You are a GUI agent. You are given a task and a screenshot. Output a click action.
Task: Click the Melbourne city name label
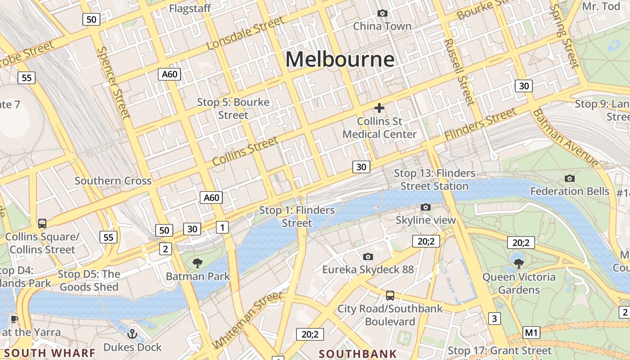pos(340,59)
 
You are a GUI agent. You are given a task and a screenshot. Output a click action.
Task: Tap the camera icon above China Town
pos(382,13)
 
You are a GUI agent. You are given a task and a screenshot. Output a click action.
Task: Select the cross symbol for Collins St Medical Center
pos(379,108)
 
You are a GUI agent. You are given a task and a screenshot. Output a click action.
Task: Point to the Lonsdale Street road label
pos(246,34)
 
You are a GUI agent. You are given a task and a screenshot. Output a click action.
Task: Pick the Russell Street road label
pos(459,72)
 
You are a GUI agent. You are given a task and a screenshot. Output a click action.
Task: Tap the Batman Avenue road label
pos(565,138)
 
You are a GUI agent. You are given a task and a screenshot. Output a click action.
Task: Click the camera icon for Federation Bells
pos(569,179)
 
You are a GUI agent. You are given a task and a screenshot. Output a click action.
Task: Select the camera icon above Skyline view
pos(425,207)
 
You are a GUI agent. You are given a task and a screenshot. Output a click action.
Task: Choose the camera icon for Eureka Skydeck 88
pos(368,257)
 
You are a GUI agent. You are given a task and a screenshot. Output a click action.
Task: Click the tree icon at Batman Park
pos(197,263)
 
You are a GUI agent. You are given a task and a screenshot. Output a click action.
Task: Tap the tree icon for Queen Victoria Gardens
pos(518,264)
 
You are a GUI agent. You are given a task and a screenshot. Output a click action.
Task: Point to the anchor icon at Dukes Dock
pos(132,334)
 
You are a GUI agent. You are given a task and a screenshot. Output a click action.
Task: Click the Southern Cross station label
pos(113,181)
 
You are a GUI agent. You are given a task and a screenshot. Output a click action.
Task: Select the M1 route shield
pos(531,333)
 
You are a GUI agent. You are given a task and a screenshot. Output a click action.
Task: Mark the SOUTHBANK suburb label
pos(358,354)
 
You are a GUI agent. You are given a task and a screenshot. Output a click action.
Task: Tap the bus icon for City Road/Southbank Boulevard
pos(390,296)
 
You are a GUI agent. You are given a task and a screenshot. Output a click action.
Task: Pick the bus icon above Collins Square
pos(42,223)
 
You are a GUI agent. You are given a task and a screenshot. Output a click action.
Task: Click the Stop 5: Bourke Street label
pos(233,108)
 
